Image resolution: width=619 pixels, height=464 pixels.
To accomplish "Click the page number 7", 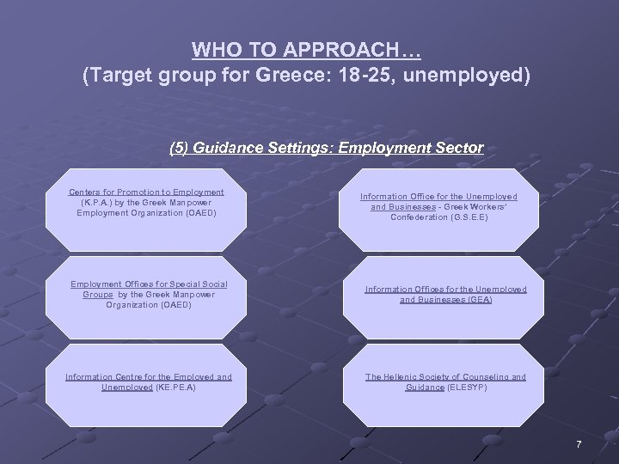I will tap(579, 444).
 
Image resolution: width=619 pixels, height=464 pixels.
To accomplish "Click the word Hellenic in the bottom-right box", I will tap(404, 376).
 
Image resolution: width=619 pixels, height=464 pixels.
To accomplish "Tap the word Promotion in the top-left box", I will tap(141, 192).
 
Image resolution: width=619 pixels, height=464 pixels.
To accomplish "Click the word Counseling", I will tap(486, 376).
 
